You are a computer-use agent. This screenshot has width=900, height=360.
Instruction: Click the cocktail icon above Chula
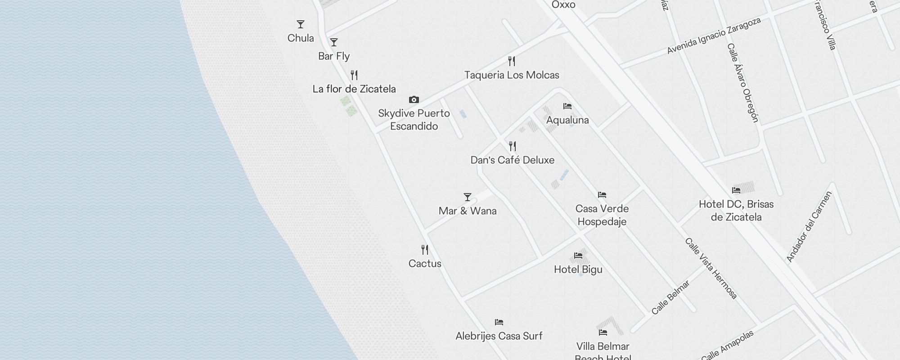point(301,24)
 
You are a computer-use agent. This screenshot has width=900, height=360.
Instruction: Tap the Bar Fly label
point(334,56)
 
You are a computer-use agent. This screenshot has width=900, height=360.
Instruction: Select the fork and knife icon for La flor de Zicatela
point(354,75)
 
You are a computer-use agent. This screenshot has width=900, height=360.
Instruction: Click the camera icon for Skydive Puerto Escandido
point(414,99)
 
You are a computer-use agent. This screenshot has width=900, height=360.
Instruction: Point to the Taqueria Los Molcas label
point(512,75)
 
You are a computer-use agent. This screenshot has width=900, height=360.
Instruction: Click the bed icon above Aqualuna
point(567,106)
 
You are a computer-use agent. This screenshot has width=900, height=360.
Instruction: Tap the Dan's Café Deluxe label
point(512,160)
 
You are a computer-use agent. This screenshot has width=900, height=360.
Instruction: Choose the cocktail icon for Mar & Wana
point(468,197)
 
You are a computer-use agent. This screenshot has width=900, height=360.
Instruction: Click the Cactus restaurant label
point(425,264)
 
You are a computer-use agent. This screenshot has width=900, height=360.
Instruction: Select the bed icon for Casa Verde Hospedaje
point(602,195)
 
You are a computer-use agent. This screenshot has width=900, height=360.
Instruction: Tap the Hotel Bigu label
point(578,270)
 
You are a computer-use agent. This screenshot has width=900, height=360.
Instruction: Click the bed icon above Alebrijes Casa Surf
point(499,322)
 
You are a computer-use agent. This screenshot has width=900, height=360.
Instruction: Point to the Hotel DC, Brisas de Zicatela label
point(736,211)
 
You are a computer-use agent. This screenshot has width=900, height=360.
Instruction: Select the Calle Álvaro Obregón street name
point(743,83)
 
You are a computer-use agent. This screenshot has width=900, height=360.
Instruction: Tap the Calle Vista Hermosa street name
point(711,269)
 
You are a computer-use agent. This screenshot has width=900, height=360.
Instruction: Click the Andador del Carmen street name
point(809,227)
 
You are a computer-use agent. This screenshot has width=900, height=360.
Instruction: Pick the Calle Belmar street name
point(670,298)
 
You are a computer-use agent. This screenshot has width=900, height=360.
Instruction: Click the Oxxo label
point(563,5)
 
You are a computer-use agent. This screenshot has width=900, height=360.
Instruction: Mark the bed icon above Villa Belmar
point(603,333)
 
